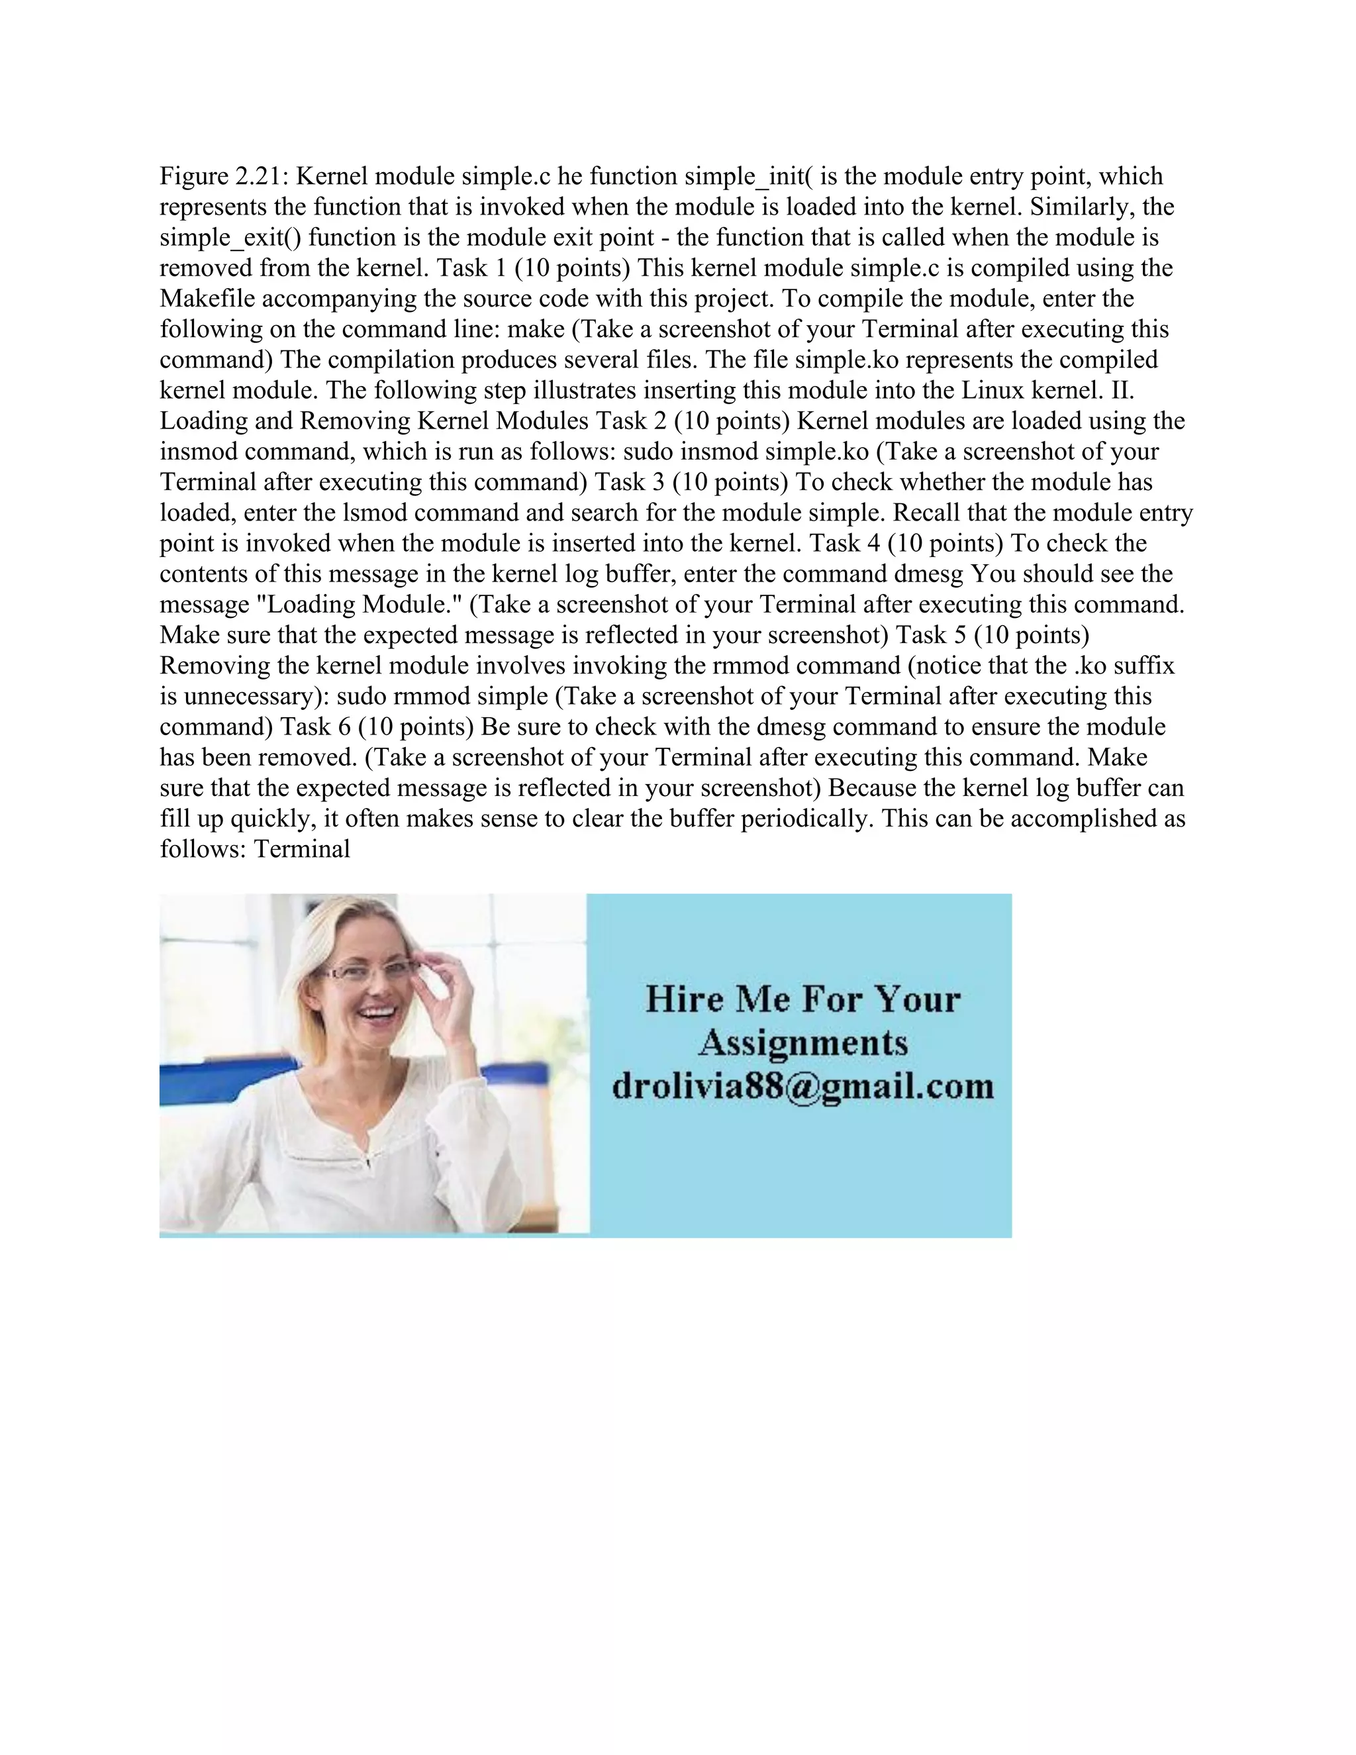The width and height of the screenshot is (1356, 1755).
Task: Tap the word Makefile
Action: point(207,299)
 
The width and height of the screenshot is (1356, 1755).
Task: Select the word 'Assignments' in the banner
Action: point(802,1044)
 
